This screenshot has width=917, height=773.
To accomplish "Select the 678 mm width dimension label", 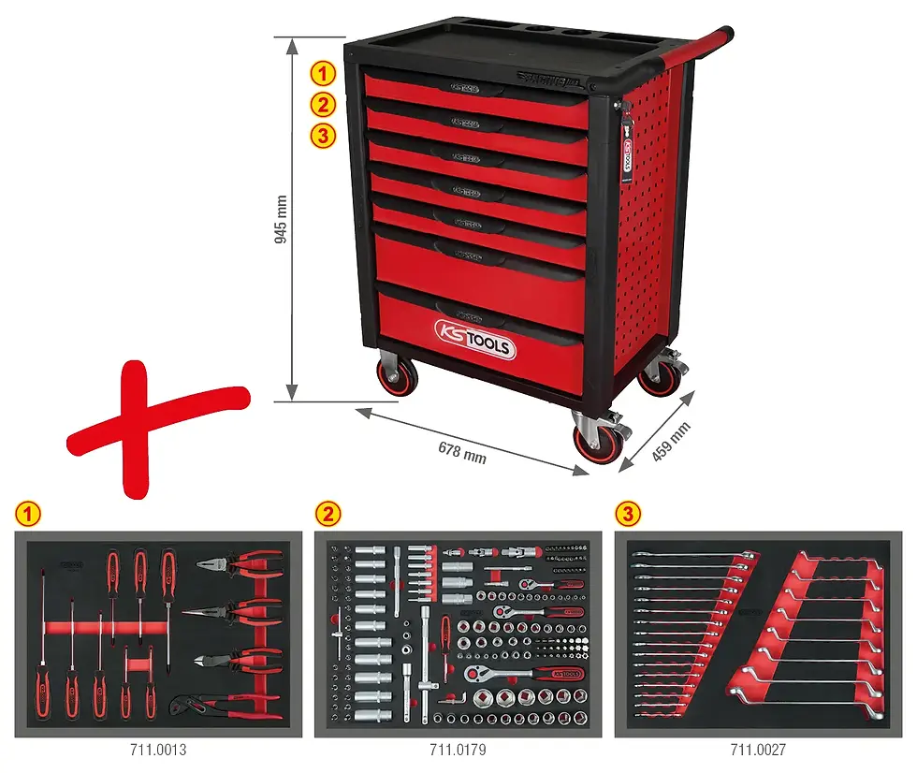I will coord(462,452).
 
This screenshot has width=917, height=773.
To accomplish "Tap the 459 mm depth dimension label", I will coord(670,441).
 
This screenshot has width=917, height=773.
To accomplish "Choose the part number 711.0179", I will coord(458,750).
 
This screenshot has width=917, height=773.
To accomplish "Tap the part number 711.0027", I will coord(759,750).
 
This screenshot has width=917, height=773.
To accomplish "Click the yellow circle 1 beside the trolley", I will coord(323,73).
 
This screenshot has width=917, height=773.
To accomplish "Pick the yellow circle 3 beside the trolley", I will coord(323,136).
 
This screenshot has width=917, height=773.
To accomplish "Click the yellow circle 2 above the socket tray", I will coord(327,513).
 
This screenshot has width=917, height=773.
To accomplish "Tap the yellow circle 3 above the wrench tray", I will coord(628,513).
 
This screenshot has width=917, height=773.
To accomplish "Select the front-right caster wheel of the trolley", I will coord(596,438).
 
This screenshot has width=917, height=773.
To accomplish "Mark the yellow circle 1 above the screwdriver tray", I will coord(28,513).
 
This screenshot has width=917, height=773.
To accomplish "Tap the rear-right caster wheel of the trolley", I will coord(661,377).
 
